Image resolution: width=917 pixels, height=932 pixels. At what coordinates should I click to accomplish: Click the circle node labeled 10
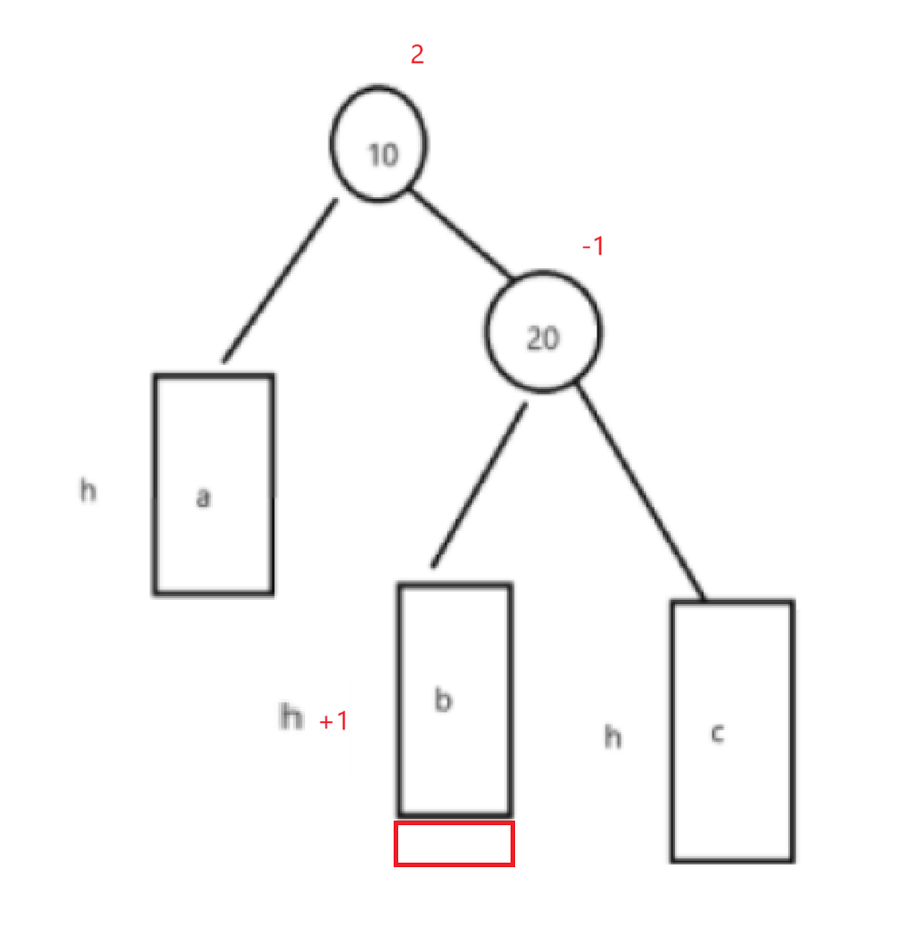click(378, 144)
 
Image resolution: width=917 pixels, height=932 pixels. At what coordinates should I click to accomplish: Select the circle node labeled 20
click(543, 331)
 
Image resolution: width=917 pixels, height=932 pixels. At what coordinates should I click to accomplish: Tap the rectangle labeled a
click(213, 484)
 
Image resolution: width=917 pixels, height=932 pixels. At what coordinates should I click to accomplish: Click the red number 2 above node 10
click(416, 54)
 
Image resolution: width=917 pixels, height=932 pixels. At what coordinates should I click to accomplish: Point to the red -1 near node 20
click(593, 246)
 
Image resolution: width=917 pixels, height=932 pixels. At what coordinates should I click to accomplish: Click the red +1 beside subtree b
click(333, 722)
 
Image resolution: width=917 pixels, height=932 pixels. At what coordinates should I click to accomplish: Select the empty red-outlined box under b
click(454, 843)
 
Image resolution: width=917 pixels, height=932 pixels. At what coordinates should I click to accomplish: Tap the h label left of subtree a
click(88, 491)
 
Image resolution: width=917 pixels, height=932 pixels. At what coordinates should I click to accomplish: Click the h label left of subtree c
click(613, 737)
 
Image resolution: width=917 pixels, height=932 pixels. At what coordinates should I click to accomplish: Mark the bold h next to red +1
click(290, 717)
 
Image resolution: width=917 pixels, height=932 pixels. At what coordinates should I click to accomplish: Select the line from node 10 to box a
click(279, 280)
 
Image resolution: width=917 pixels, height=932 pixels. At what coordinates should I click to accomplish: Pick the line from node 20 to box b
click(480, 485)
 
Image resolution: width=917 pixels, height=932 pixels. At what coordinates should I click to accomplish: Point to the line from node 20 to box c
click(639, 493)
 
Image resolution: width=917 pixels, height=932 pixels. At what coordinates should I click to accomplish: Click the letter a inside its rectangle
click(204, 497)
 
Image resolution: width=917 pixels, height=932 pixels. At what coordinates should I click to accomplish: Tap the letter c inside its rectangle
click(718, 733)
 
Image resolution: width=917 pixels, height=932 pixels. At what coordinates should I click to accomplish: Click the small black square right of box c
click(845, 571)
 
